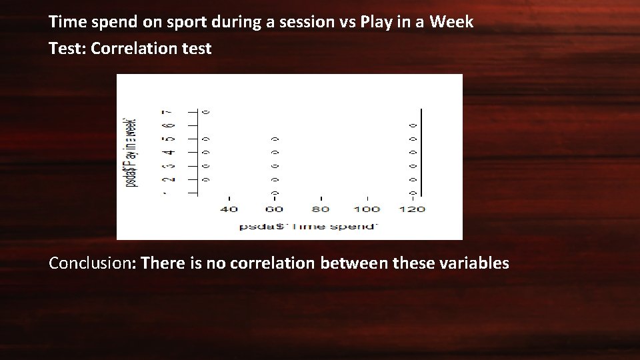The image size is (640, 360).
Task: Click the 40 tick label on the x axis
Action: pos(229,209)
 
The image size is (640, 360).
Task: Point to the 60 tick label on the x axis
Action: pos(274,209)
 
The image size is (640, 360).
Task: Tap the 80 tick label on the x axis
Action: pos(321,209)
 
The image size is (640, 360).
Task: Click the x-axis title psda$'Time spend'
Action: pos(309,227)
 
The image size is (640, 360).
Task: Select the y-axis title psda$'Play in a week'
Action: pos(132,152)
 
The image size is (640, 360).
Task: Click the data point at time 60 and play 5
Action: pos(274,139)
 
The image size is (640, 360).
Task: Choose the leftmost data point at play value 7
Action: pos(206,111)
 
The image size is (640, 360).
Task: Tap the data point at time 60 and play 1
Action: pos(274,193)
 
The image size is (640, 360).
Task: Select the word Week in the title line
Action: pos(451,21)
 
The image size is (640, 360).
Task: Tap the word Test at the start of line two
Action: pos(64,48)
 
